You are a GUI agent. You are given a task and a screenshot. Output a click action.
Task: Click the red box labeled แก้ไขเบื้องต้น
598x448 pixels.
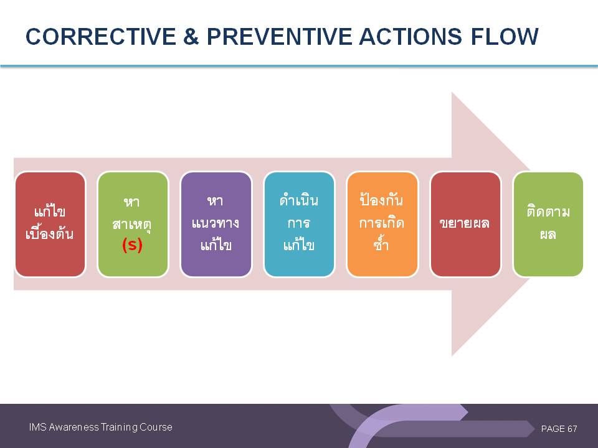[50, 224]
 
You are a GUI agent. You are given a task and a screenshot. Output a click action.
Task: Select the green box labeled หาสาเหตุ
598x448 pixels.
[133, 224]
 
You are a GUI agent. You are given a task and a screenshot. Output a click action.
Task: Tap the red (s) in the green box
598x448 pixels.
[132, 245]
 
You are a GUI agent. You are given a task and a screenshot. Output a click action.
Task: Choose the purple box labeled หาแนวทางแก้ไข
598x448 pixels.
[216, 224]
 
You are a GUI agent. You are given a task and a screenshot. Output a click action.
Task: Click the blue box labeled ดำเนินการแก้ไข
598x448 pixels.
[299, 224]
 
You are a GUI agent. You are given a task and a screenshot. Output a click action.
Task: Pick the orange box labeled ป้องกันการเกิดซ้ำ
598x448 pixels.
[382, 224]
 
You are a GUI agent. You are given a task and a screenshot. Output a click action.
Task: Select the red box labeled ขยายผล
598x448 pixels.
[465, 224]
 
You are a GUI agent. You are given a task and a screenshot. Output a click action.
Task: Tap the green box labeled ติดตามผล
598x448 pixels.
[548, 224]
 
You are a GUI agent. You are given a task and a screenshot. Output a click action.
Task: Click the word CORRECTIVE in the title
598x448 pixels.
[101, 37]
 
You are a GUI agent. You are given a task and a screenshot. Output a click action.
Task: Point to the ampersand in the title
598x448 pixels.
[191, 37]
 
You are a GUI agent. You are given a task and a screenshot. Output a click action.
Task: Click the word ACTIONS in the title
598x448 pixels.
[411, 37]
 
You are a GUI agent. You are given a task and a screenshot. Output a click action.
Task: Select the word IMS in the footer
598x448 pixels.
[38, 427]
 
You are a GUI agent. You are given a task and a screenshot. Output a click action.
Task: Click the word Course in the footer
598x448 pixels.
[156, 427]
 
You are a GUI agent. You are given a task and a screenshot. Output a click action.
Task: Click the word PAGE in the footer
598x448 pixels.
[553, 429]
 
